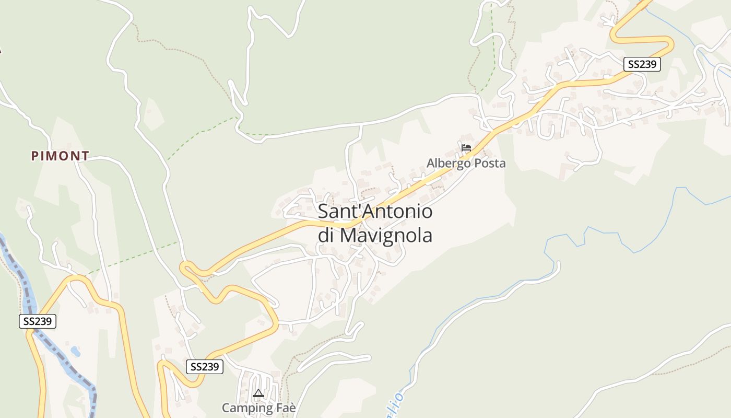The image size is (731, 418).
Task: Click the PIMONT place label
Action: pyautogui.click(x=60, y=156)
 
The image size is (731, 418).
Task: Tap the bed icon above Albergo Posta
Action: pyautogui.click(x=466, y=148)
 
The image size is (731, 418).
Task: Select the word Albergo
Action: pyautogui.click(x=447, y=163)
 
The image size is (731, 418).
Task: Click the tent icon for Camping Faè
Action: pyautogui.click(x=258, y=393)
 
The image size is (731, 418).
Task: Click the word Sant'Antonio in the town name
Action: pyautogui.click(x=375, y=212)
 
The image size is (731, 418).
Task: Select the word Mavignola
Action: pyautogui.click(x=386, y=235)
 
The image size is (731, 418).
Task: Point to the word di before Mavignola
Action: pyautogui.click(x=326, y=235)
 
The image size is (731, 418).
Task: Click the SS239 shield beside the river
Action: pyautogui.click(x=38, y=321)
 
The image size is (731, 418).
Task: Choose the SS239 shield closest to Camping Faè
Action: pyautogui.click(x=205, y=367)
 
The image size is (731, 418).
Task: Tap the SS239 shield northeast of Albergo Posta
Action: pyautogui.click(x=642, y=64)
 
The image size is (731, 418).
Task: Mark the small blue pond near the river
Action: pyautogui.click(x=76, y=352)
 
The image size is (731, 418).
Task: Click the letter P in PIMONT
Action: pyautogui.click(x=34, y=156)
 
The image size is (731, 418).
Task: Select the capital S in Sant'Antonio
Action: pyautogui.click(x=324, y=212)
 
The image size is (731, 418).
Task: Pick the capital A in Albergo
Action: pyautogui.click(x=431, y=163)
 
